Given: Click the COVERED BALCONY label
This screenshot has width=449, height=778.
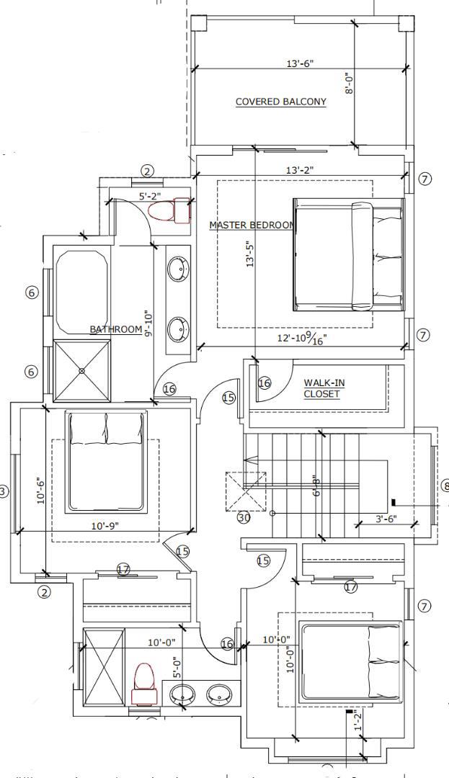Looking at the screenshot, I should click(281, 102).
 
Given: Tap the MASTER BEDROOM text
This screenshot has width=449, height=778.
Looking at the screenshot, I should click(252, 225).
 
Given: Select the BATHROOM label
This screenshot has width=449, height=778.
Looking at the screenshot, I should click(115, 329).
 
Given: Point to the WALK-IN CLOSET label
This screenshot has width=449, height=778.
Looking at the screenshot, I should click(321, 388).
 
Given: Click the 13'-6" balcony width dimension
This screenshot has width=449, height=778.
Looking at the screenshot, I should click(299, 63).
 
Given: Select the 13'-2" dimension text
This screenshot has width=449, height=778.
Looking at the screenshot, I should click(299, 169).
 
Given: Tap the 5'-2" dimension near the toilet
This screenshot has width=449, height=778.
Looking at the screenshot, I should click(151, 195).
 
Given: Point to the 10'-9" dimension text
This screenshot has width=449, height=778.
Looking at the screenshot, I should click(106, 526).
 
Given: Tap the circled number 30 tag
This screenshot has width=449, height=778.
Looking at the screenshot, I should click(244, 517).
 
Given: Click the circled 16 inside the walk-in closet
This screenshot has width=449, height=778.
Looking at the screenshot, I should click(264, 383).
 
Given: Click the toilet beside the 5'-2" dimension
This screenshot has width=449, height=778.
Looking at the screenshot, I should click(167, 210).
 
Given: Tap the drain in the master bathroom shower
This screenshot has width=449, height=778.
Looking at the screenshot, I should click(81, 370).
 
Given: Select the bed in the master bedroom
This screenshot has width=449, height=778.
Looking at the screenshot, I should click(348, 256).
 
